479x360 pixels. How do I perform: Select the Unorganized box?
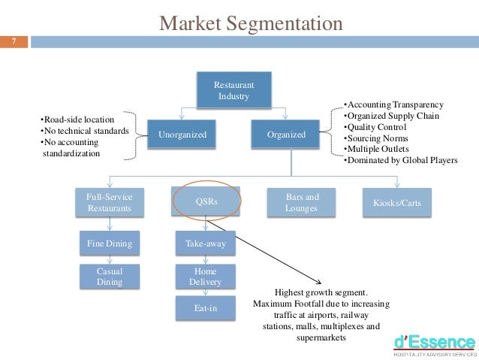[182, 135]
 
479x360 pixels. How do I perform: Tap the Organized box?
[286, 135]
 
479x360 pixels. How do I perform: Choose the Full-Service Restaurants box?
[110, 202]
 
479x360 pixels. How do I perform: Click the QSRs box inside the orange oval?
[206, 202]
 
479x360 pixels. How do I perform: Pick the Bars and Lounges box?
[302, 202]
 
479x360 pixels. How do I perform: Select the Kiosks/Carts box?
[398, 202]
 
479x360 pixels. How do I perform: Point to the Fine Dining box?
[110, 244]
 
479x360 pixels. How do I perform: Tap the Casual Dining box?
[110, 276]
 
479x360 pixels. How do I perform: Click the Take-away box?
[206, 244]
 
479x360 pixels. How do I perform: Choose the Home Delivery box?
[206, 276]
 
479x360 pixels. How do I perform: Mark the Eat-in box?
[206, 307]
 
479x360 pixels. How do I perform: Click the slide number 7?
[13, 42]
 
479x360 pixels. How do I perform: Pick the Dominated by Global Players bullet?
[399, 160]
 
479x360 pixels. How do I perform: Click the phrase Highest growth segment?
[321, 292]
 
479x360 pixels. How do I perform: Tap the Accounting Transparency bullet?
[393, 104]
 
